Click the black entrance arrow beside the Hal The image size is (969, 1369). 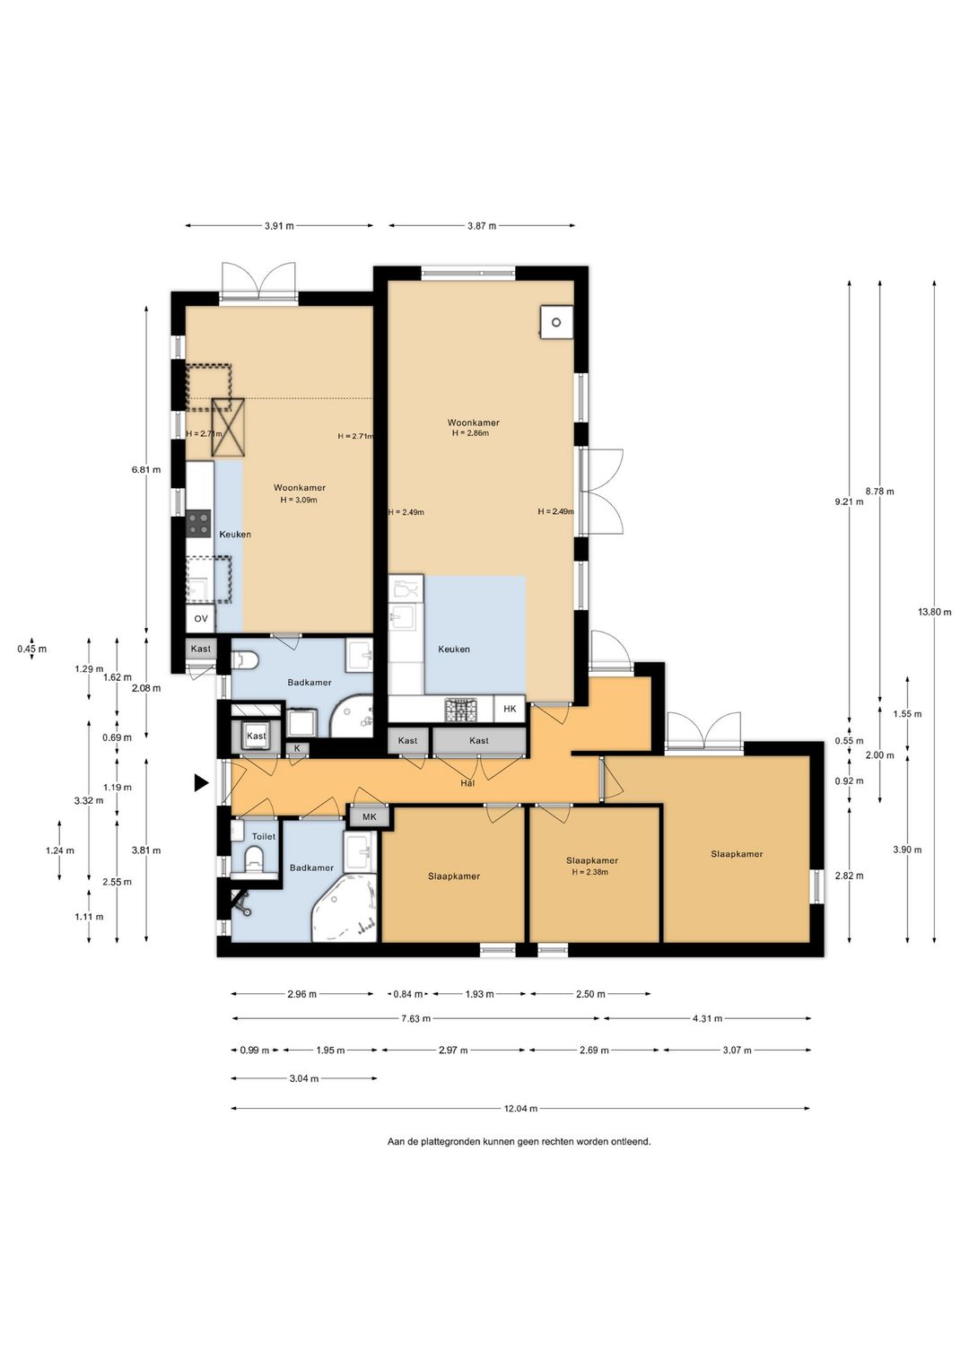tap(201, 783)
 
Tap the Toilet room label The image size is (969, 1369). tap(264, 836)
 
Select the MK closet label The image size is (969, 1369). tap(370, 817)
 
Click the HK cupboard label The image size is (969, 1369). tap(510, 709)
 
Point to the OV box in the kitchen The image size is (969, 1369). tap(201, 618)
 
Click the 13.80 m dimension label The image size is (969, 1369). tap(934, 612)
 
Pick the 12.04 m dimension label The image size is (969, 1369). tap(520, 1108)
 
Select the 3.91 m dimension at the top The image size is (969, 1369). tap(279, 225)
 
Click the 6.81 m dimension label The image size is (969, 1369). tap(146, 469)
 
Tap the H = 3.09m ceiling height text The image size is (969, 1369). tap(299, 500)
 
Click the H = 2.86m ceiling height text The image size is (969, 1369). tap(471, 432)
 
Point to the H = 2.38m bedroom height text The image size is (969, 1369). tap(590, 872)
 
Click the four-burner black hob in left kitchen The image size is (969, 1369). tap(198, 524)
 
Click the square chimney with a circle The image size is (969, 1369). tap(556, 321)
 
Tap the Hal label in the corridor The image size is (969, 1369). tap(468, 783)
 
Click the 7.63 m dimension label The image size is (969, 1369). tap(415, 1018)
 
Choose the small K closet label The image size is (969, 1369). tap(298, 748)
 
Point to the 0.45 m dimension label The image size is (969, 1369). tap(31, 649)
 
